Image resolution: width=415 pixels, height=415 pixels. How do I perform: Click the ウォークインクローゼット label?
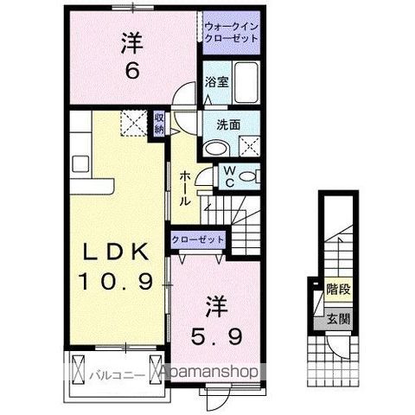(x=232, y=33)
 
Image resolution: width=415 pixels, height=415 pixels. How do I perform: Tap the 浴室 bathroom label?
(x=217, y=82)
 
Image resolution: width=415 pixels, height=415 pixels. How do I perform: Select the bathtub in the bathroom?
(x=246, y=83)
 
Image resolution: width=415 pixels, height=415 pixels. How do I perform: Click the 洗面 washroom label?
(x=228, y=125)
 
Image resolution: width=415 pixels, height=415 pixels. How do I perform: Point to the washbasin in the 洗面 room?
(x=216, y=148)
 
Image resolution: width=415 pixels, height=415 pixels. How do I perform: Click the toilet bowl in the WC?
(x=248, y=176)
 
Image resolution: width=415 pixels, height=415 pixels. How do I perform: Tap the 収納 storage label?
(x=159, y=124)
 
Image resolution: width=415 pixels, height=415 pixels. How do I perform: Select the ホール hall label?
(x=184, y=188)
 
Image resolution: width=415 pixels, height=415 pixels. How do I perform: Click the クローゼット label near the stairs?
(x=198, y=239)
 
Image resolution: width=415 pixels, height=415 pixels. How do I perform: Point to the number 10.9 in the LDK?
(x=116, y=281)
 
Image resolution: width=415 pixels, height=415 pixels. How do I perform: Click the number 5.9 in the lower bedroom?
(x=216, y=336)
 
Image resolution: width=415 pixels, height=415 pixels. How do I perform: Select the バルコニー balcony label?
(x=116, y=376)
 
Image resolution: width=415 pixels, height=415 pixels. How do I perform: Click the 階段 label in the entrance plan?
(x=338, y=289)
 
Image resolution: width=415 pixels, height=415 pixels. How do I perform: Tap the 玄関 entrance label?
(x=338, y=319)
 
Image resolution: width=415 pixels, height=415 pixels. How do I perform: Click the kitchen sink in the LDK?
(x=80, y=163)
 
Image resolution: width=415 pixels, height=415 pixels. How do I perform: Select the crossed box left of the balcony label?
(x=78, y=369)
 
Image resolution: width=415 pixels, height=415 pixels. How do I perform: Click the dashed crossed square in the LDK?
(x=133, y=123)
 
